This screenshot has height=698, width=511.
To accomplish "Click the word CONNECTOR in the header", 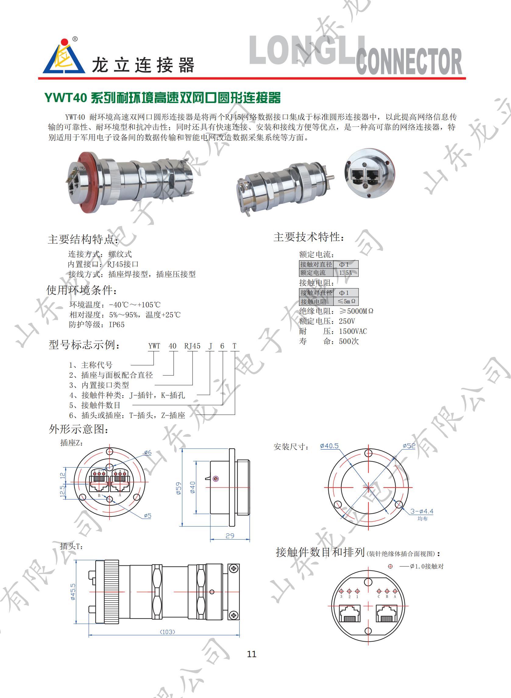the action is tap(409, 62).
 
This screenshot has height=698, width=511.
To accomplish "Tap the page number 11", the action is tap(252, 654).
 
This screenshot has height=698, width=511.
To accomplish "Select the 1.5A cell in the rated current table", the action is tap(346, 273).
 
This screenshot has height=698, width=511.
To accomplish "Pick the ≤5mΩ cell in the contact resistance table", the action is tap(346, 301).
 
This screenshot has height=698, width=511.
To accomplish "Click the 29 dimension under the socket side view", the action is tap(230, 536).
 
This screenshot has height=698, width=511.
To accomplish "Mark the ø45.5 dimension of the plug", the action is tap(73, 592).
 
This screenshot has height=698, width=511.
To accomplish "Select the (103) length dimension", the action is tap(167, 632).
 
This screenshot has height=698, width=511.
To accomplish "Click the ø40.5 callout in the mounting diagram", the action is tap(329, 446).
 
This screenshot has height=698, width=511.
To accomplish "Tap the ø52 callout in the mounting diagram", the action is tap(409, 446).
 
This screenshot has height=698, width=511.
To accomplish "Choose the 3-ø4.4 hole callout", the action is tap(422, 512).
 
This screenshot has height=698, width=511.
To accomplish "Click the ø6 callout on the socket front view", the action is tap(148, 452).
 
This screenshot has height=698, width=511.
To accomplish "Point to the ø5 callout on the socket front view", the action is tap(147, 516).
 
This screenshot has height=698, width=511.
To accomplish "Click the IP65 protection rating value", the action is tap(117, 324).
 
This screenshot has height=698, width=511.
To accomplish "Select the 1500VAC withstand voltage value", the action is tap(353, 331).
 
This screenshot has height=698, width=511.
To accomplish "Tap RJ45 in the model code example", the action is tap(192, 346).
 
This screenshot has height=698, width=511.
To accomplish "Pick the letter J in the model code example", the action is tap(210, 346).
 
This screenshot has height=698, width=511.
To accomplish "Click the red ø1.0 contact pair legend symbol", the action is tap(390, 566).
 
